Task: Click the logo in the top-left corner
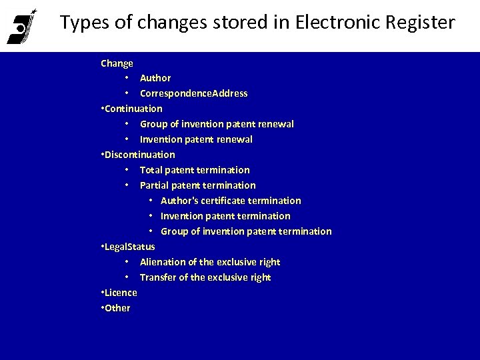pos(21,26)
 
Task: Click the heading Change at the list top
pos(117,63)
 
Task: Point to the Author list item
pos(155,78)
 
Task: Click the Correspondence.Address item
pos(193,93)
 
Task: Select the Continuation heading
pos(133,108)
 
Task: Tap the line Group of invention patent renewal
pos(217,124)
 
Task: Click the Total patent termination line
pos(195,170)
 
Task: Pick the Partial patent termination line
pos(197,185)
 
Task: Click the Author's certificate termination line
pos(231,201)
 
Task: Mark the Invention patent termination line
pos(225,216)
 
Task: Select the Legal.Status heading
pos(129,247)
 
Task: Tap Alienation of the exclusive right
pos(209,262)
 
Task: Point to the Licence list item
pos(121,293)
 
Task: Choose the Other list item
pos(117,308)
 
